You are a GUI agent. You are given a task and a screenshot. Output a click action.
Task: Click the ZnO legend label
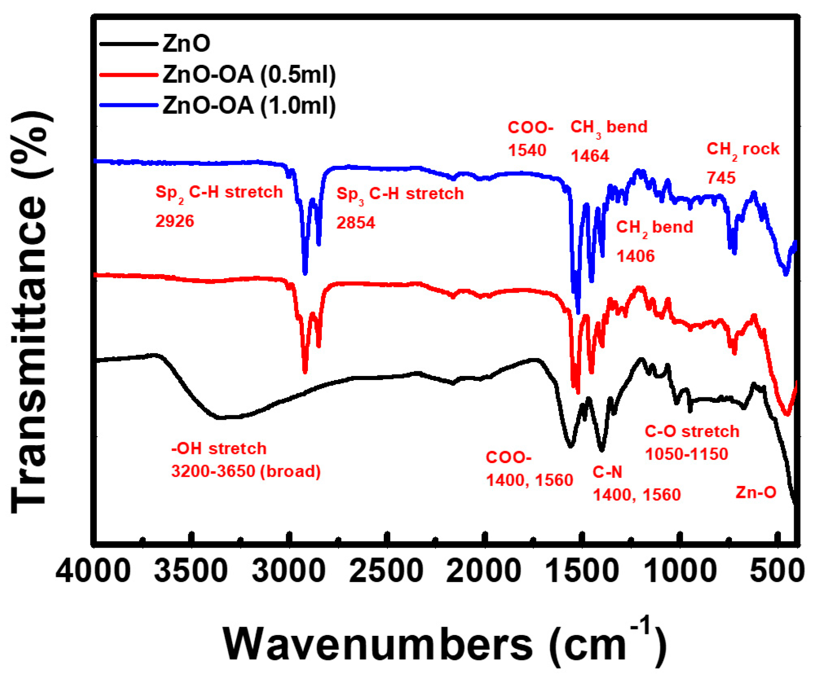pyautogui.click(x=186, y=44)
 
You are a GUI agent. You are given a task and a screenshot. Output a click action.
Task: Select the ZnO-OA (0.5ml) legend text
pyautogui.click(x=249, y=74)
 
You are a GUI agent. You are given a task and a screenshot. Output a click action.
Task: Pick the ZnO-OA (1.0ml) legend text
pyautogui.click(x=249, y=106)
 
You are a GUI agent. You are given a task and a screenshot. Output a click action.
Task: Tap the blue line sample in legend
pyautogui.click(x=129, y=106)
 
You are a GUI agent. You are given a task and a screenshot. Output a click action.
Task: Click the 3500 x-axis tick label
pyautogui.click(x=191, y=571)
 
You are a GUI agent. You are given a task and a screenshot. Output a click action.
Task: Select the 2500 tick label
pyautogui.click(x=387, y=571)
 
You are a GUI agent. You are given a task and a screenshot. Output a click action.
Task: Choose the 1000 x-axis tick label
pyautogui.click(x=680, y=571)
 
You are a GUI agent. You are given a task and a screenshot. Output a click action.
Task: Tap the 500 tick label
pyautogui.click(x=777, y=571)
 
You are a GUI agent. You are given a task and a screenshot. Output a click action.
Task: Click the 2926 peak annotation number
pyautogui.click(x=175, y=221)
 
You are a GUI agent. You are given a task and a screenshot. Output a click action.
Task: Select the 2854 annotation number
pyautogui.click(x=355, y=223)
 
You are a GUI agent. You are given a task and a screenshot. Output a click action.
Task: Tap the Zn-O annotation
pyautogui.click(x=756, y=492)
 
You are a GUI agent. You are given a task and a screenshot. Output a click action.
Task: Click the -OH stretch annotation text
pyautogui.click(x=219, y=449)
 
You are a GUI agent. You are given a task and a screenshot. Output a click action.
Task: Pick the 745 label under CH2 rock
pyautogui.click(x=721, y=178)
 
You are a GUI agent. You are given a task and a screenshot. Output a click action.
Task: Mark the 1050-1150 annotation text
pyautogui.click(x=686, y=454)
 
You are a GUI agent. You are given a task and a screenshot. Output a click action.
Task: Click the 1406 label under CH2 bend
pyautogui.click(x=636, y=256)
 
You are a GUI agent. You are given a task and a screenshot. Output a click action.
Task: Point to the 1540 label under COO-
pyautogui.click(x=527, y=150)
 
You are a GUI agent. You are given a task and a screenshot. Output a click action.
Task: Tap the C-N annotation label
pyautogui.click(x=607, y=472)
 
